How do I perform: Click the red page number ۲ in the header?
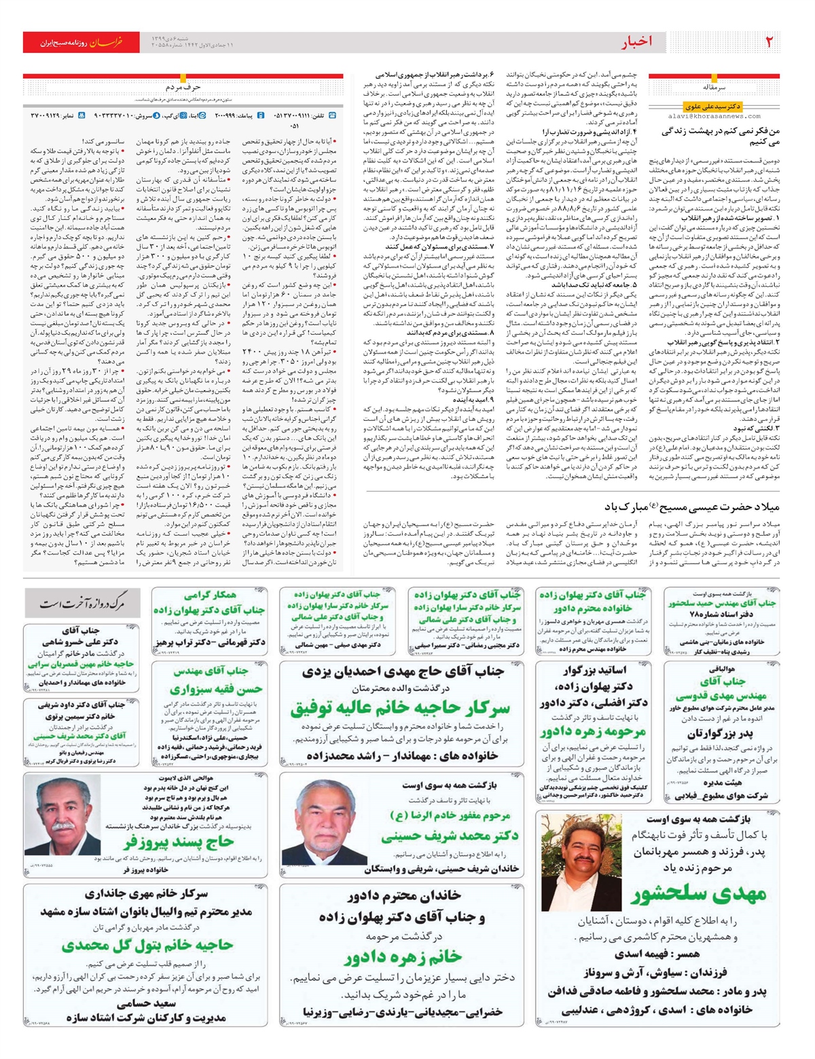[x=769, y=42]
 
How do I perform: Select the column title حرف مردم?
[x=183, y=88]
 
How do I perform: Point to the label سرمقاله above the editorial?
[x=714, y=88]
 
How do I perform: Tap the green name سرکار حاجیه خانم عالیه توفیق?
[x=400, y=708]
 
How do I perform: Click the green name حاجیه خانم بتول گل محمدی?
[x=147, y=944]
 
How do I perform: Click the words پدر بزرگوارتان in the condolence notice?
[x=719, y=734]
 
